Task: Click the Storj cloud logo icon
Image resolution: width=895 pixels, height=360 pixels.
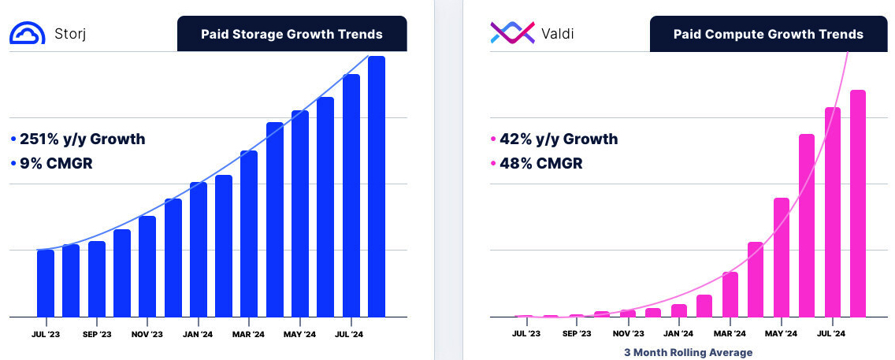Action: (x=27, y=33)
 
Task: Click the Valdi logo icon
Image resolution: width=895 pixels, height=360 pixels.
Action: (x=513, y=33)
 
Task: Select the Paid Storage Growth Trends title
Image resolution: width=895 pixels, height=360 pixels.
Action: (x=292, y=34)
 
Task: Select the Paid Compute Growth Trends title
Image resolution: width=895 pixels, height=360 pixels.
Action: (x=768, y=34)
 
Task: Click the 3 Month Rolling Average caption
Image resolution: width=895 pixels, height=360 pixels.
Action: (x=688, y=352)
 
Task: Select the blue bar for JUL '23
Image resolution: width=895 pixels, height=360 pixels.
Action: (x=46, y=283)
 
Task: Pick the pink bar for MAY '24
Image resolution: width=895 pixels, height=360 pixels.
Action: (x=781, y=257)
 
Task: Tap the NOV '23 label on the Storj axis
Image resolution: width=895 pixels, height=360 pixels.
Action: (x=147, y=334)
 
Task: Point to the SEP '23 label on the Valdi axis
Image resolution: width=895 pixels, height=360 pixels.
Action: (x=577, y=334)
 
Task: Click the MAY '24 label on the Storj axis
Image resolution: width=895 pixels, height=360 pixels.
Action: (x=300, y=334)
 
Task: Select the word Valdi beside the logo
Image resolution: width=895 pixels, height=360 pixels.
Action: (x=559, y=34)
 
